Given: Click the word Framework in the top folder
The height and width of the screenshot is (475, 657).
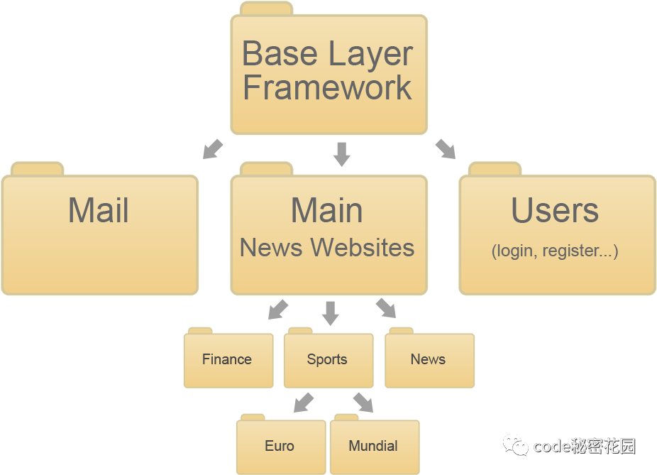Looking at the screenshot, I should [327, 88].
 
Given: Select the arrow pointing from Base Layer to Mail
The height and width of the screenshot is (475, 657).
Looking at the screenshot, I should [212, 149].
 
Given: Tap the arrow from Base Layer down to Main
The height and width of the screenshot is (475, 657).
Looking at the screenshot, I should [342, 153].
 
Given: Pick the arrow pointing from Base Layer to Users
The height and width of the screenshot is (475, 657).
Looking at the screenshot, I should [446, 148].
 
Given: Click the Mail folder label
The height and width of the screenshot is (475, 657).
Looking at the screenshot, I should [99, 211].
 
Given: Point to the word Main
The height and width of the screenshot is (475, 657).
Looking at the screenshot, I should [327, 211].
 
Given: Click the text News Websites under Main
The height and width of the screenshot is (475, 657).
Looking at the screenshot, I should [327, 248].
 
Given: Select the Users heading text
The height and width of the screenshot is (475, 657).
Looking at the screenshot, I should [555, 211].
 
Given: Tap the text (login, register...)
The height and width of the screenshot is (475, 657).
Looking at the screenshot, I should [555, 251].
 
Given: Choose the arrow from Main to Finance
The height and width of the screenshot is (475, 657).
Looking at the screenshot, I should [278, 309].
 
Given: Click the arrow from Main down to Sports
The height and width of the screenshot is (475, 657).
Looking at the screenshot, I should [330, 312].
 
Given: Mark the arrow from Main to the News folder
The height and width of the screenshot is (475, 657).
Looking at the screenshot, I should [386, 308].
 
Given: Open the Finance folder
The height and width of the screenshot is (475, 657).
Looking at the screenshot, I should [228, 359].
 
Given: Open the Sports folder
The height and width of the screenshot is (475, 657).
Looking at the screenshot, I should [328, 359].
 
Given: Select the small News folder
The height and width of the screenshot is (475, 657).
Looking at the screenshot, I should [429, 359].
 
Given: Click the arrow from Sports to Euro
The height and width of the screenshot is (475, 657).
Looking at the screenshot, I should [304, 402].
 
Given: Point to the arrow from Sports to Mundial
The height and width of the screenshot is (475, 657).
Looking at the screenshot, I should [363, 402].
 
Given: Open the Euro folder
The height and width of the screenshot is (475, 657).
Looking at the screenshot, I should [280, 446].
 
